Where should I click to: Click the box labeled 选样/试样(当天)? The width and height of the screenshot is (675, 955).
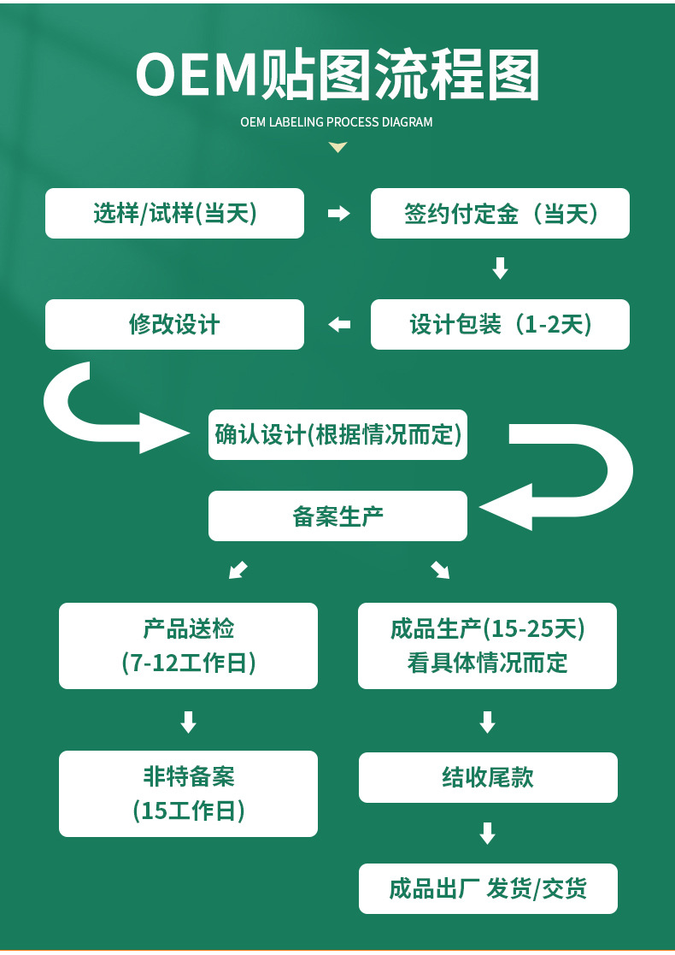(x=174, y=213)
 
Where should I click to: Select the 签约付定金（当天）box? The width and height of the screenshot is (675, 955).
(x=500, y=213)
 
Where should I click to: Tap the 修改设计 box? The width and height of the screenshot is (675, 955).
(x=174, y=324)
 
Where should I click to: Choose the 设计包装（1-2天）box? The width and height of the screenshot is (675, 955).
(x=500, y=324)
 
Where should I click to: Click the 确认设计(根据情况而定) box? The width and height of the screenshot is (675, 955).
(x=337, y=434)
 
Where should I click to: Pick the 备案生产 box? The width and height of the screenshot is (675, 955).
(x=337, y=516)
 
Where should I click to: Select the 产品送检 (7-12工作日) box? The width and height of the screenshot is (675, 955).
(x=188, y=646)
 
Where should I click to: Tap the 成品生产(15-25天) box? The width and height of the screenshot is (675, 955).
(x=487, y=646)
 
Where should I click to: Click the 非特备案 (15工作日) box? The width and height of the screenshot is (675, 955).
(x=188, y=793)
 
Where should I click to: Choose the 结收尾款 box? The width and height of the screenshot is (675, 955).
(x=487, y=777)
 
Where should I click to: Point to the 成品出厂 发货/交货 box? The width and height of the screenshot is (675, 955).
(x=487, y=888)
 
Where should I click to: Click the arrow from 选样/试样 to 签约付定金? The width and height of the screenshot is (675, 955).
(x=339, y=214)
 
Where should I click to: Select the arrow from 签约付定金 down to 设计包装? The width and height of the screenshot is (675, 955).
(x=501, y=268)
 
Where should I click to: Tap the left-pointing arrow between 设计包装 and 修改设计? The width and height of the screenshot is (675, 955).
(x=339, y=324)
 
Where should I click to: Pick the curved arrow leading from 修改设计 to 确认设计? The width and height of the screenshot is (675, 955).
(x=94, y=415)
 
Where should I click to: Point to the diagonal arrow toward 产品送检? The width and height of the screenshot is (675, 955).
(x=238, y=569)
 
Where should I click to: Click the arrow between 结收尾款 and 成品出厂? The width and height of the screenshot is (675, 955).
(x=487, y=833)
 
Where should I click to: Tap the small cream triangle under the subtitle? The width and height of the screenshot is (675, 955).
(x=337, y=148)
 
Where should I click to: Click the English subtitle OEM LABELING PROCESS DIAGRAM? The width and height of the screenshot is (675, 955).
(x=337, y=122)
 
